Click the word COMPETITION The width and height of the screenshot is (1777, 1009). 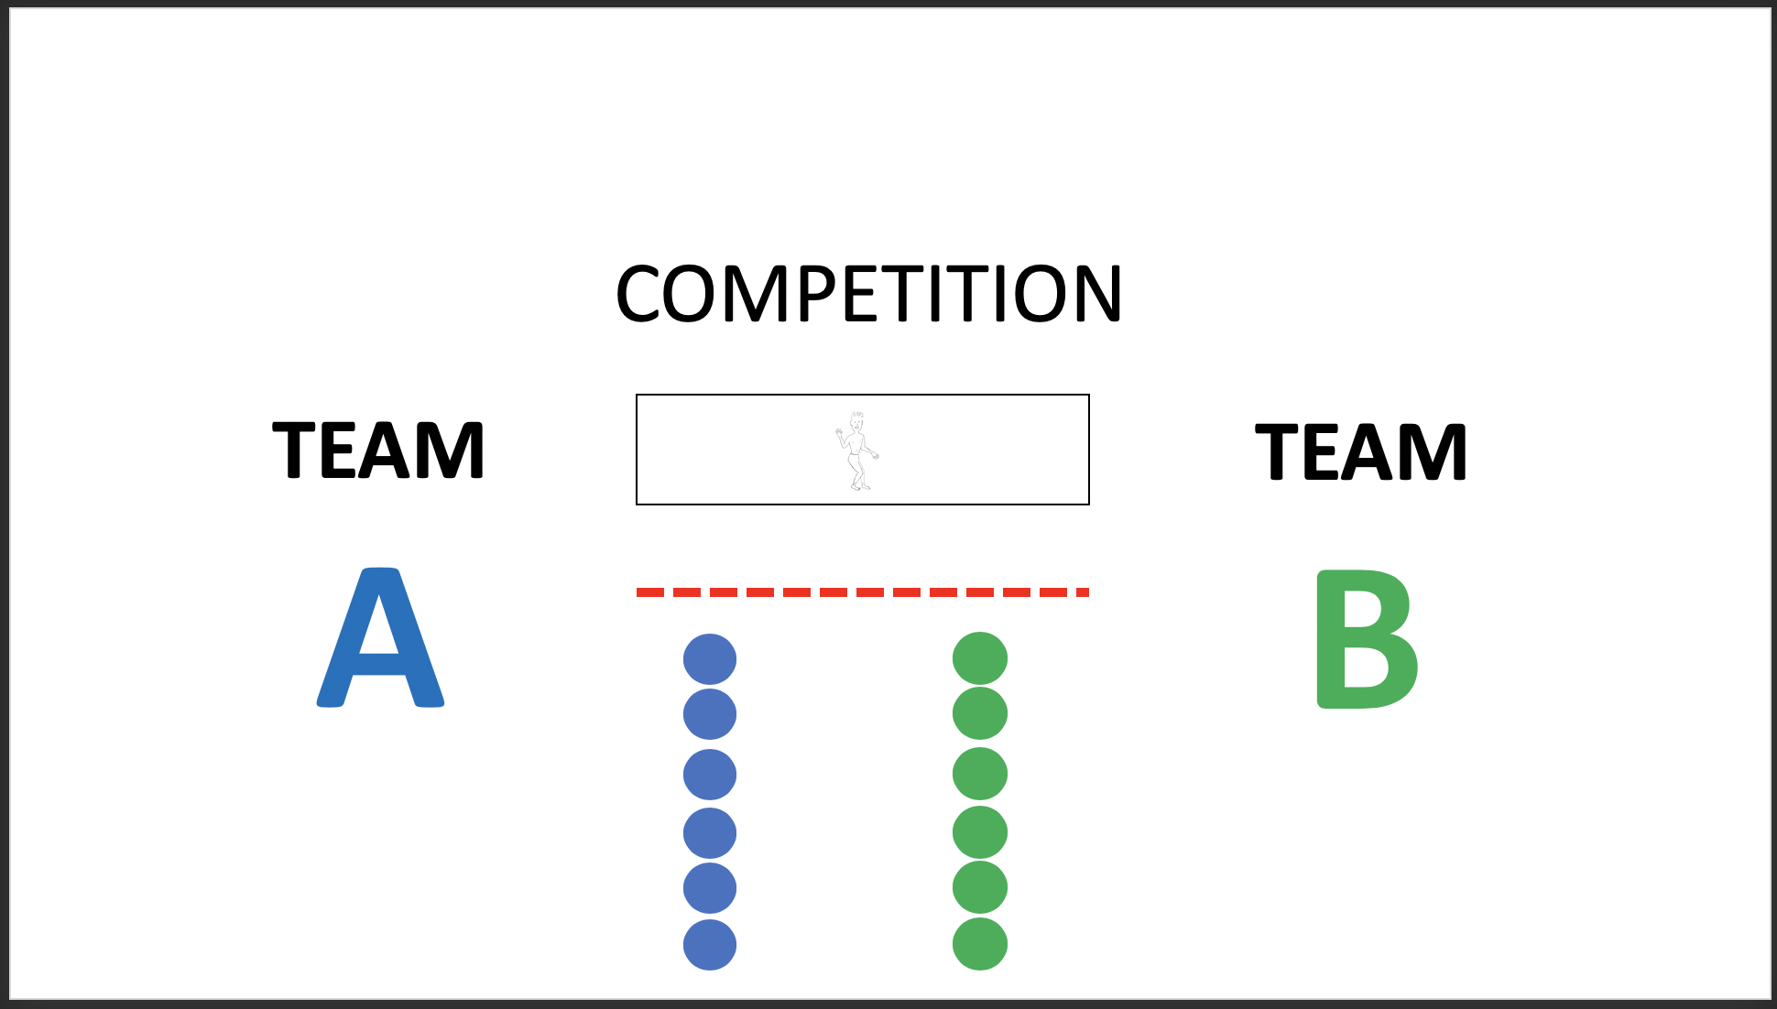(x=868, y=294)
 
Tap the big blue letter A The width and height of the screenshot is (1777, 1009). (x=380, y=641)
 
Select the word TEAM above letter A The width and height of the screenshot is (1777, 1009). (x=378, y=450)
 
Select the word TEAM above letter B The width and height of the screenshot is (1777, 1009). (x=1361, y=450)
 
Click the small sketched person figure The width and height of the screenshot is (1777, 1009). (x=857, y=451)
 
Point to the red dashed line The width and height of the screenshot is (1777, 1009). (x=862, y=592)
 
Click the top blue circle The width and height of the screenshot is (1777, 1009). (x=710, y=659)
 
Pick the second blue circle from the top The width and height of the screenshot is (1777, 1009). (x=710, y=714)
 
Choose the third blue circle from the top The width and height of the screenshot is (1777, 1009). (x=710, y=775)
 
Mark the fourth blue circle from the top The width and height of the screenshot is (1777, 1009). (x=710, y=833)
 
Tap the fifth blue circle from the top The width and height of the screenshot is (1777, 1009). (x=710, y=888)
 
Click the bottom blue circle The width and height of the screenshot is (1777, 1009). (x=710, y=945)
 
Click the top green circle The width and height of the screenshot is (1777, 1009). (x=980, y=658)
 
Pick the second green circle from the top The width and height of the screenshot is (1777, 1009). (x=980, y=713)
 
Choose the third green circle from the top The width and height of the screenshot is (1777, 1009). (x=980, y=774)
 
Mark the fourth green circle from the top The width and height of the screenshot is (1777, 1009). (x=980, y=832)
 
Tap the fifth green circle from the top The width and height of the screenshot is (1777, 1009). (x=980, y=887)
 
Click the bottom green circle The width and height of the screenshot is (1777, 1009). (x=980, y=944)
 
